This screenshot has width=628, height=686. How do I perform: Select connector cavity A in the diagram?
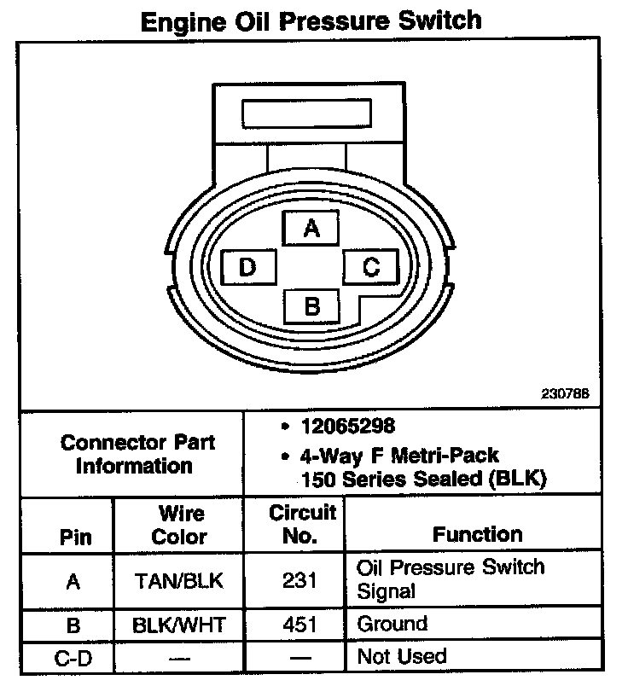click(x=311, y=229)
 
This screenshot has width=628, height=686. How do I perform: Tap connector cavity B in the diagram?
click(x=311, y=305)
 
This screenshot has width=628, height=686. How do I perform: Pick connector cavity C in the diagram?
click(x=371, y=267)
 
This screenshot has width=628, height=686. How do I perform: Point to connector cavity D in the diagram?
click(x=247, y=268)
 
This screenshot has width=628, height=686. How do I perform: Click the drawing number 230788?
click(x=566, y=395)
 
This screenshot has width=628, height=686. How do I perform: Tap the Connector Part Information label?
click(x=137, y=455)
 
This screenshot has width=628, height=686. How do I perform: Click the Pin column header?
click(x=74, y=538)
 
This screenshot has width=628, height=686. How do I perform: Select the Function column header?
click(x=478, y=535)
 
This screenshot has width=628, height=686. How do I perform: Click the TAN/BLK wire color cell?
click(x=179, y=581)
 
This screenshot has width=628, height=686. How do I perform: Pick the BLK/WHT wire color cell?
click(x=179, y=625)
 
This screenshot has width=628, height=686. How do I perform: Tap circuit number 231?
click(x=299, y=581)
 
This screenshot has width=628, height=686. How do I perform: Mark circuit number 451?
click(x=299, y=625)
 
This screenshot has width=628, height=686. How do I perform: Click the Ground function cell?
click(x=392, y=624)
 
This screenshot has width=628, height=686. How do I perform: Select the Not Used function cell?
click(x=402, y=656)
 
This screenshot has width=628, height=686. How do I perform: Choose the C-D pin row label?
click(x=73, y=657)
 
